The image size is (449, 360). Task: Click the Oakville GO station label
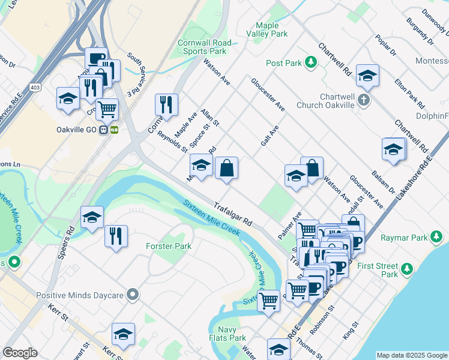77,130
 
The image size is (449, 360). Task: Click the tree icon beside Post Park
311,62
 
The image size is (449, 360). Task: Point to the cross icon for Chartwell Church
364,100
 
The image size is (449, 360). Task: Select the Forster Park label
169,246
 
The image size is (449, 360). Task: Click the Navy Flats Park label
232,334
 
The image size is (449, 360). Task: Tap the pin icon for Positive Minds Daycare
133,295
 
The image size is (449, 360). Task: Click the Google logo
20,352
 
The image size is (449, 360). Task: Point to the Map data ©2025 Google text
411,355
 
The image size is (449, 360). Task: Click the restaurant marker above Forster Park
116,236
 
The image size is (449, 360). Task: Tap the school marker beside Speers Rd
92,218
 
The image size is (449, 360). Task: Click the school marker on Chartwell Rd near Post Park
367,76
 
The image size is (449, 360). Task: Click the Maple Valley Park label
267,30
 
